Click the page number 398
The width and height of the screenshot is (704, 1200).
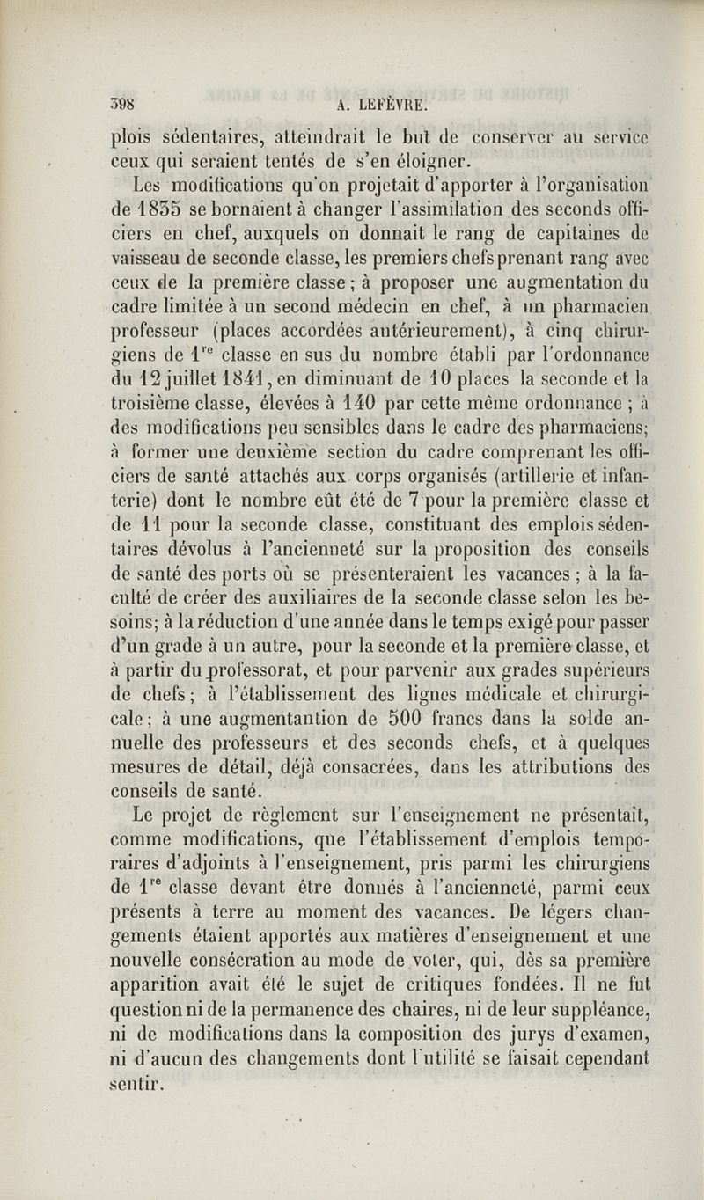tap(124, 100)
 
